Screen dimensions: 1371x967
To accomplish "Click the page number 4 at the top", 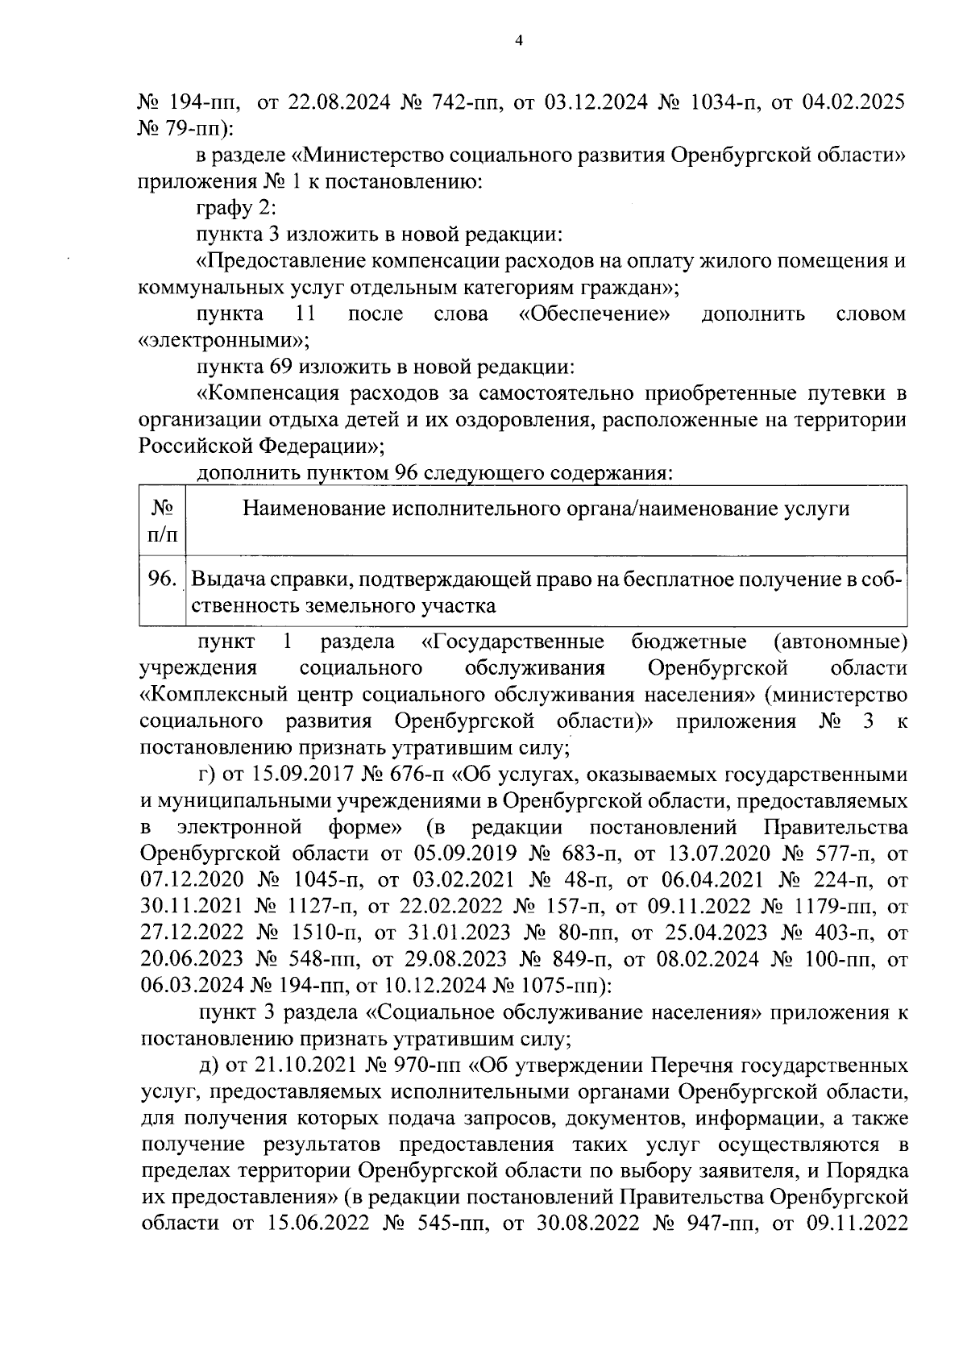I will tap(519, 40).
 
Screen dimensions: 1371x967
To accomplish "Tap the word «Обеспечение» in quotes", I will tap(595, 314).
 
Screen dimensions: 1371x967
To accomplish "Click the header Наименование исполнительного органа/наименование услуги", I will tap(546, 509).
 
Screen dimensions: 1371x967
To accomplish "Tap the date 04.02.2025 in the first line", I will tap(853, 102).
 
